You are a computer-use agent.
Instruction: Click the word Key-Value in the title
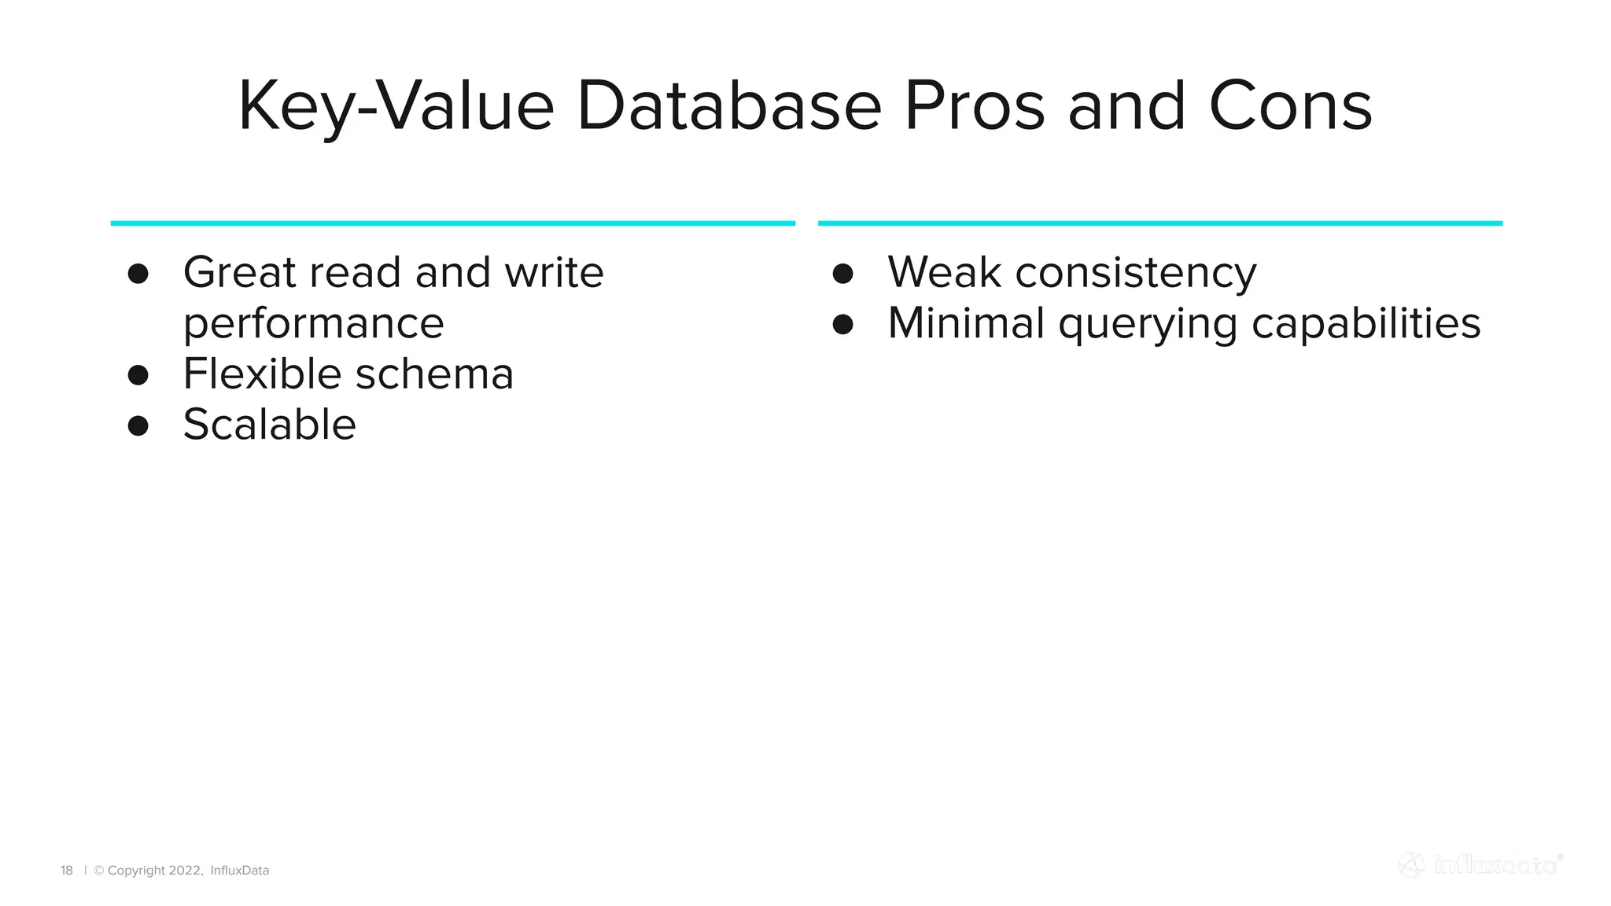coord(396,107)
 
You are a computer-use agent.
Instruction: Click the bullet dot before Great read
coord(138,274)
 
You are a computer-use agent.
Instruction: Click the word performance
coord(313,324)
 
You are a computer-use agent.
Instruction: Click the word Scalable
coord(269,425)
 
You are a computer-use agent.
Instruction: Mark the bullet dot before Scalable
coord(138,426)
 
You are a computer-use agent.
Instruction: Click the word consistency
coord(1136,274)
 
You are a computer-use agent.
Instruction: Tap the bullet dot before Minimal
coord(843,324)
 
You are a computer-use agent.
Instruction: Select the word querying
coord(1148,324)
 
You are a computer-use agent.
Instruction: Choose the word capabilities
coord(1366,323)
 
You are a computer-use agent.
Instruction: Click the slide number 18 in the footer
coord(67,871)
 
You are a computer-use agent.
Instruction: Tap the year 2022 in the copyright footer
coord(186,871)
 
